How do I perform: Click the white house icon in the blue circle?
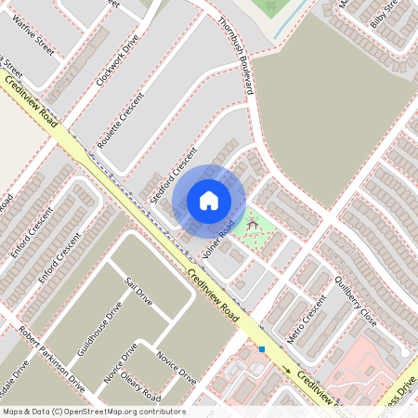pos(209,200)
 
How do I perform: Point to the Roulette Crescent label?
pos(124,117)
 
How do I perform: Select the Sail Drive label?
pos(137,295)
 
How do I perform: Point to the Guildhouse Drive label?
pos(100,329)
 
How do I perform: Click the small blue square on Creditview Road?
pos(263,349)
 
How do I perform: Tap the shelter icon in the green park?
pos(250,225)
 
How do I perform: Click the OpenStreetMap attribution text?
pos(93,411)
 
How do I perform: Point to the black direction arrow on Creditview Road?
pos(287,371)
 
